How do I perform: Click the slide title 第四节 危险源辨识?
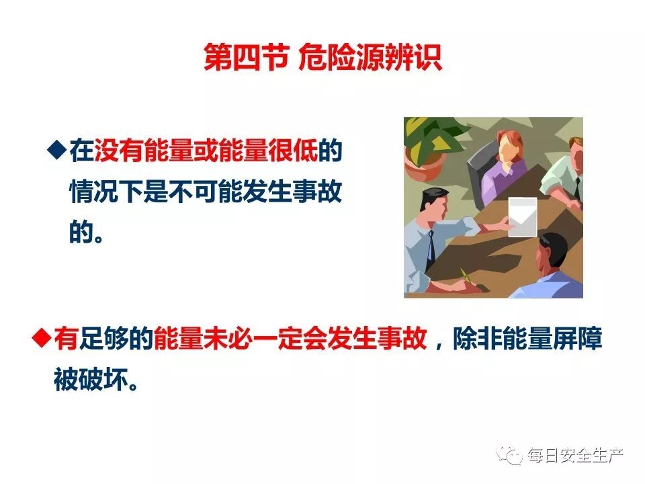[323, 58]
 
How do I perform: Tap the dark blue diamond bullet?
[57, 150]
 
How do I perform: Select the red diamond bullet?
[42, 338]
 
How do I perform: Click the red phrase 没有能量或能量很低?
[206, 150]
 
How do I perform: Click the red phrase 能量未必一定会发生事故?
[290, 338]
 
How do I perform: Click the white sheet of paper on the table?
[523, 217]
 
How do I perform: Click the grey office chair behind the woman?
[480, 173]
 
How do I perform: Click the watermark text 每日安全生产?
[576, 456]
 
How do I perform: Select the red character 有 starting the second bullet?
[66, 338]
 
